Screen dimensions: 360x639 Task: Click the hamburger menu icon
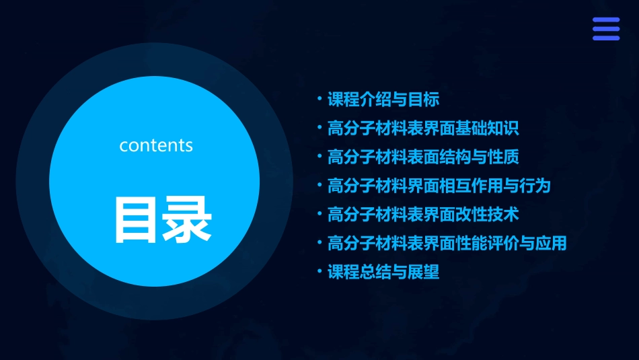[606, 29]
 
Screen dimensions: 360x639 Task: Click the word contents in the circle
[156, 145]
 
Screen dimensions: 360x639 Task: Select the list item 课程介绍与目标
[383, 100]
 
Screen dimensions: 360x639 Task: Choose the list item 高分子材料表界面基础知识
[423, 129]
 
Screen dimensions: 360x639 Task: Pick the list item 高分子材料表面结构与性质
[423, 157]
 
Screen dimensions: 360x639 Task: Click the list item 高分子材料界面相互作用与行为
[439, 185]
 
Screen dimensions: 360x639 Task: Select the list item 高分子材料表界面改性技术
[423, 215]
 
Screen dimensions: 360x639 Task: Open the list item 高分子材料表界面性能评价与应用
[447, 243]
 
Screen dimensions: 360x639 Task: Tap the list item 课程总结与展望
[383, 273]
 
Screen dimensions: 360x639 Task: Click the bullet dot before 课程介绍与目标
[319, 99]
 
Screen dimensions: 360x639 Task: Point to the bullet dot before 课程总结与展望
[319, 272]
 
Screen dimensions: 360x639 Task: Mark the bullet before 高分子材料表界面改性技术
[319, 214]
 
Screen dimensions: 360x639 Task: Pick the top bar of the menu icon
[606, 20]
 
